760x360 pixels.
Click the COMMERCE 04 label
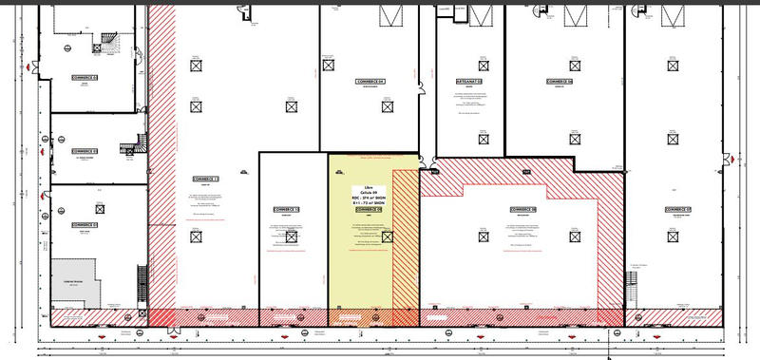(370, 82)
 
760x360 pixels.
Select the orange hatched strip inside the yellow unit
(405, 237)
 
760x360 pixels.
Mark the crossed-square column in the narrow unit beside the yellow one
(292, 237)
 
